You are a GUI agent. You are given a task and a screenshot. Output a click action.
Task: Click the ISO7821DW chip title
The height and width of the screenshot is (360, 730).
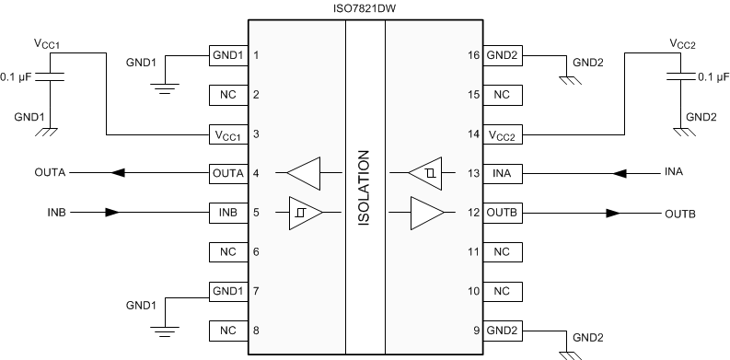coord(365,8)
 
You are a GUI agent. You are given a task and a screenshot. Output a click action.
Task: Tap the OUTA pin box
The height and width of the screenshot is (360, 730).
coord(227,172)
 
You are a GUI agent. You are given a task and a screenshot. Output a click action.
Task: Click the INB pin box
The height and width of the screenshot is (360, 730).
coord(227,212)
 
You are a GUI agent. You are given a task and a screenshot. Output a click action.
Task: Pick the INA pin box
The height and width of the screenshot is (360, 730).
coord(502,172)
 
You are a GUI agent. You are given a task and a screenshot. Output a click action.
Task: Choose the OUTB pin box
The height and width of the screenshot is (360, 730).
coord(502,212)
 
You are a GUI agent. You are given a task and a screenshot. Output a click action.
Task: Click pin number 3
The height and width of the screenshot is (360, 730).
coord(257,134)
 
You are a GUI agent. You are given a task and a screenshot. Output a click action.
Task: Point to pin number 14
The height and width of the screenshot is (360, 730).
coord(473,134)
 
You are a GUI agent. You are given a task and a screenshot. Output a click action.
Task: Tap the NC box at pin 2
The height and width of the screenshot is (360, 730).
coord(227,94)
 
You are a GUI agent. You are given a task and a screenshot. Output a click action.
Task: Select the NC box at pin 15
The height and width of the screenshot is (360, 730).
coord(502,94)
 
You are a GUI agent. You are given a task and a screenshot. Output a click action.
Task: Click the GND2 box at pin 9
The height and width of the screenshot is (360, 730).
coord(502,330)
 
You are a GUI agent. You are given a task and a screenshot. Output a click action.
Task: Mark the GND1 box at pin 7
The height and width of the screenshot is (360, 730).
coord(227,290)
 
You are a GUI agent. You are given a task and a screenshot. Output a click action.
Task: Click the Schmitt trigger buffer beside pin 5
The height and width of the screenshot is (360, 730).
coord(305,212)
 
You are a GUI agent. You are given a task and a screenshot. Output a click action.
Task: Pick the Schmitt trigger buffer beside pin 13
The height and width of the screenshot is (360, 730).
coord(425,172)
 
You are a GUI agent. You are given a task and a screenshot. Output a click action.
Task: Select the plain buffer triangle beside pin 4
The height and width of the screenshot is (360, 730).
coord(304,172)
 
